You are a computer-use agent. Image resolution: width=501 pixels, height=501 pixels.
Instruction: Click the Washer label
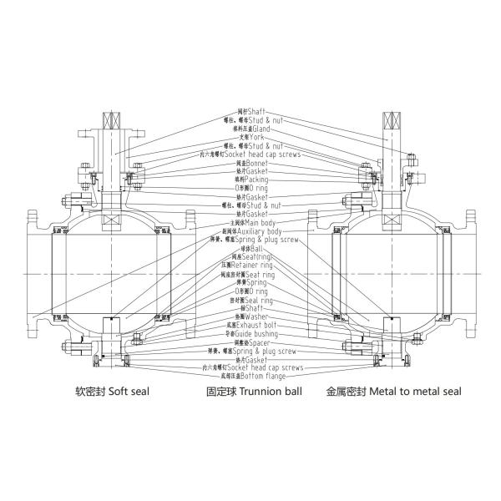pyautogui.click(x=251, y=316)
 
